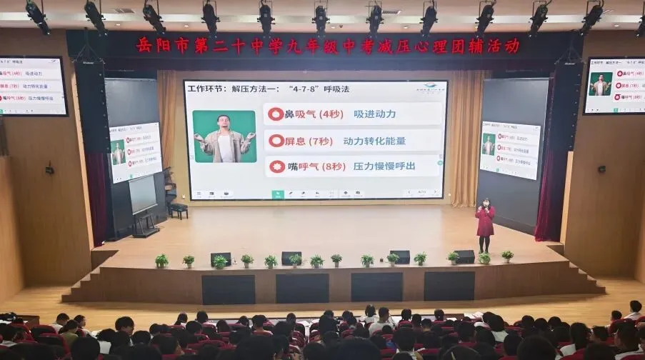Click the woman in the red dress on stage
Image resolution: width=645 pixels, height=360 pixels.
point(485,223)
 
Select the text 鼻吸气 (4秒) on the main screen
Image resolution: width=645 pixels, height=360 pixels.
point(304,114)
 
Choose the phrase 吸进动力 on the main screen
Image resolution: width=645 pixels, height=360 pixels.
point(374,114)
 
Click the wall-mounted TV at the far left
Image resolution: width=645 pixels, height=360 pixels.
point(32,85)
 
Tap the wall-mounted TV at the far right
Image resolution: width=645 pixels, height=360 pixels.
point(614,85)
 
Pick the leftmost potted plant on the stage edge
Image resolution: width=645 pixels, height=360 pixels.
point(162,261)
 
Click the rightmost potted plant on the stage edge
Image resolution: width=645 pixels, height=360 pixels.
point(507,256)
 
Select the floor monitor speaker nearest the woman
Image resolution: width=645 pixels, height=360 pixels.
point(464,256)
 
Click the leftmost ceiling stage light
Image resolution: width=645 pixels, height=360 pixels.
point(36,16)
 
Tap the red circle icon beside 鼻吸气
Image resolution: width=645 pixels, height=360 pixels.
point(276,114)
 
